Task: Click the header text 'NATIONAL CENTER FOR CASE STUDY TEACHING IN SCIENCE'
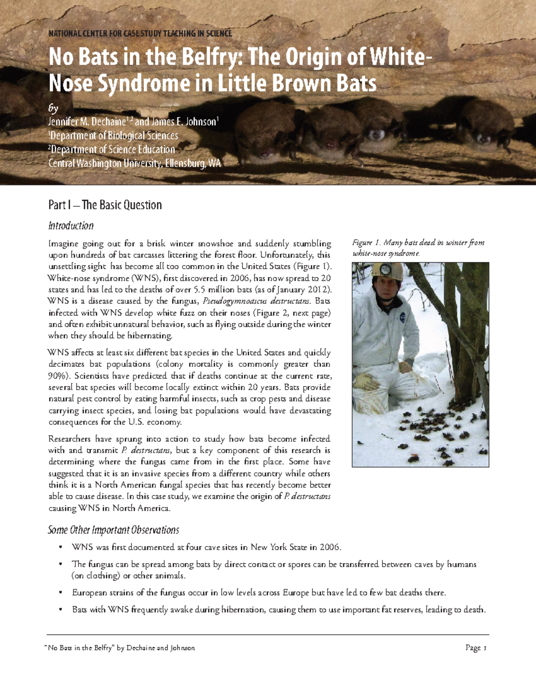140,33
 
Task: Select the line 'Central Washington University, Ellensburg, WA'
134,163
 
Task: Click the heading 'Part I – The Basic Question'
105,205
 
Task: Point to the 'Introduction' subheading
71,226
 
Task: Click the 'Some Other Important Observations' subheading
113,530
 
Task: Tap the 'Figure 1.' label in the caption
366,243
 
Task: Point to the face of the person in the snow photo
385,285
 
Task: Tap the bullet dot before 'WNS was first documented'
60,548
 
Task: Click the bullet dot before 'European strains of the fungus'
60,593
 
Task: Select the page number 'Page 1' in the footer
475,648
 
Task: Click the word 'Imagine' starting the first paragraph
63,244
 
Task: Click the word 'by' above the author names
53,108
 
